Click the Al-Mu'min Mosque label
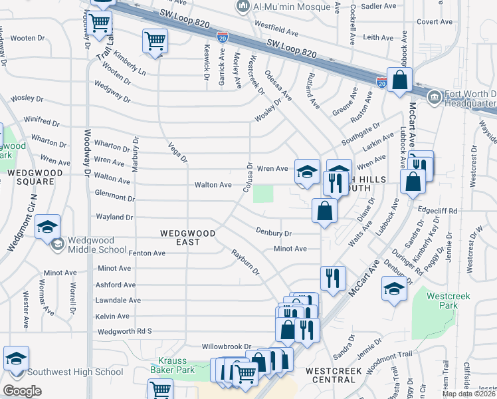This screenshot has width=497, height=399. click(x=291, y=6)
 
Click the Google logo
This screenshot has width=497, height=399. click(x=22, y=390)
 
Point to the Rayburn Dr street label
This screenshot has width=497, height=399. click(x=245, y=263)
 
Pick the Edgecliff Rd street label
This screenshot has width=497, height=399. click(x=439, y=211)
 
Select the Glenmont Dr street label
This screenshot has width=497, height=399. click(x=115, y=198)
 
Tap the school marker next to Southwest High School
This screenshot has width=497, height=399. click(x=17, y=358)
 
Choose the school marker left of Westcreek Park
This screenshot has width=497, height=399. click(x=394, y=289)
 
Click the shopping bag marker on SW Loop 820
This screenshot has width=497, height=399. click(x=401, y=81)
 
